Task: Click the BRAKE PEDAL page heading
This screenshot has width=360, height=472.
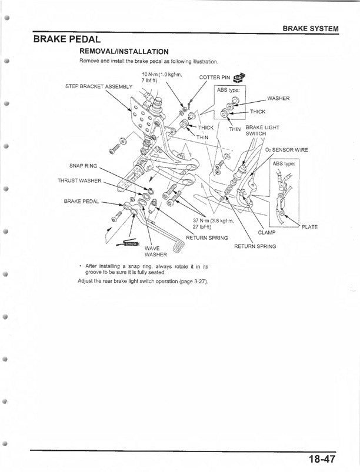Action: pos(67,39)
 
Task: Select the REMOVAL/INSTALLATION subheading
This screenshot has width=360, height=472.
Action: pos(124,52)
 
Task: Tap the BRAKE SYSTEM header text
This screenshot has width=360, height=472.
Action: pos(311,29)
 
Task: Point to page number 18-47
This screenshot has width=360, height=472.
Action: pos(321,459)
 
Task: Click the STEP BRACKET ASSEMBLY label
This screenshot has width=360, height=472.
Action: pos(99,86)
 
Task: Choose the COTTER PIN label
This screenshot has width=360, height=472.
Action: pos(215,78)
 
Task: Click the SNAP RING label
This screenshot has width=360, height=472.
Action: pos(83,166)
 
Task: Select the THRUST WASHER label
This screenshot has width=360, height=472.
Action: pos(79,180)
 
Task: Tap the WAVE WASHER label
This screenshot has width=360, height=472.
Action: pos(155,252)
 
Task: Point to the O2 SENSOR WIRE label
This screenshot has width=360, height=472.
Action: pos(286,150)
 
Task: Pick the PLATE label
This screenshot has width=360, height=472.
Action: pos(309,227)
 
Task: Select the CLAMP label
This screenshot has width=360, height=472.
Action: pos(266,232)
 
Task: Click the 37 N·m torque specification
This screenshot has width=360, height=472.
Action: pos(213,223)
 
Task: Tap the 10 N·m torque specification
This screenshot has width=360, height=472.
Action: pos(162,78)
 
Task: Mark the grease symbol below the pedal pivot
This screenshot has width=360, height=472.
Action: pos(128,243)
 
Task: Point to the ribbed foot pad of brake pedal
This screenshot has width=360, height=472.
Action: pos(178,246)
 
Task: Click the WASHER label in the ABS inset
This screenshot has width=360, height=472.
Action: pos(278,98)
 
